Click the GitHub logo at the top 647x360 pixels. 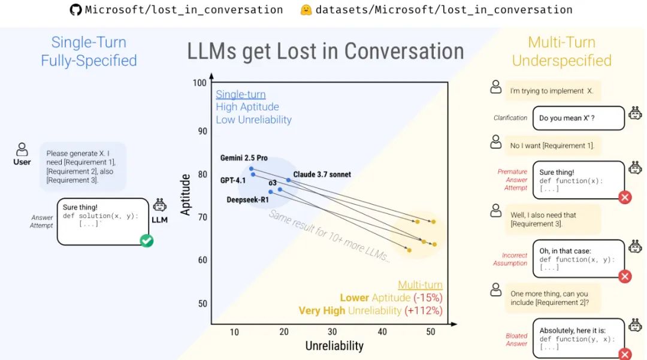[x=75, y=10]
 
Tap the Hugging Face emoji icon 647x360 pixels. [x=306, y=10]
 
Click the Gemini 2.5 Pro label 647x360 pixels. [x=244, y=158]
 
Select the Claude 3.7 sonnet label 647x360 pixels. [x=322, y=174]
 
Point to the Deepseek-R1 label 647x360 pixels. [x=247, y=199]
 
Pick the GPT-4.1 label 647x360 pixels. [x=232, y=180]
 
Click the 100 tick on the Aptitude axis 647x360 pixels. [x=199, y=83]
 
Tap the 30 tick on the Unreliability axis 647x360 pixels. [x=332, y=332]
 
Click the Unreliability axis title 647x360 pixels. [x=334, y=346]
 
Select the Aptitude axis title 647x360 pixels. [x=186, y=195]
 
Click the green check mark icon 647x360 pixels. [x=146, y=241]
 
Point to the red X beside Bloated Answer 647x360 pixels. [x=625, y=353]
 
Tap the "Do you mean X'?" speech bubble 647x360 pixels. [x=578, y=118]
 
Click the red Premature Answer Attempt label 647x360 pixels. [x=512, y=180]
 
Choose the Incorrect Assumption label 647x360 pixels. [x=510, y=259]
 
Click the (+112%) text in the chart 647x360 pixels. [x=424, y=311]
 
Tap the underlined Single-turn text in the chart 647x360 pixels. [x=240, y=94]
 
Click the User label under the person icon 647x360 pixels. [x=22, y=162]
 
